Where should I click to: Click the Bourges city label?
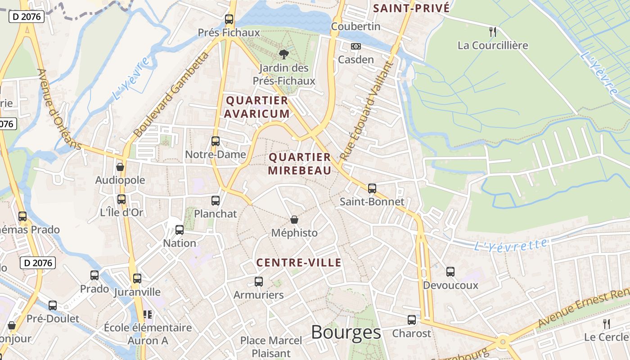point(346,333)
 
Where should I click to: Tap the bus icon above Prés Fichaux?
point(229,19)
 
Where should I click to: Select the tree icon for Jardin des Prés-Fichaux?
point(283,54)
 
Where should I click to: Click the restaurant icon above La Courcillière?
point(493,31)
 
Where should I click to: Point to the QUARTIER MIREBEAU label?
point(300,164)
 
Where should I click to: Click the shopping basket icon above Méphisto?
point(294,220)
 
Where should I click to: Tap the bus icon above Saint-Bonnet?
point(372,188)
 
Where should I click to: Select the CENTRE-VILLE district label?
point(299,263)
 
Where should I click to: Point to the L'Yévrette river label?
point(511,245)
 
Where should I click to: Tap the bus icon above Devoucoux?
point(450,272)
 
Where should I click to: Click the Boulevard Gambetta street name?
point(171,94)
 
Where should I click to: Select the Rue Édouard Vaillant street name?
point(367,111)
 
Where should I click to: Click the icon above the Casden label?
point(356,46)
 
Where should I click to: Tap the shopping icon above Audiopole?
point(120,167)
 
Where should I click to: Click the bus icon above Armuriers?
point(258,282)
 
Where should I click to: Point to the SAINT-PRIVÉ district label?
point(411,8)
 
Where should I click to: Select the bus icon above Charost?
point(411,320)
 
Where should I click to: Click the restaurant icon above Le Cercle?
point(606,324)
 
